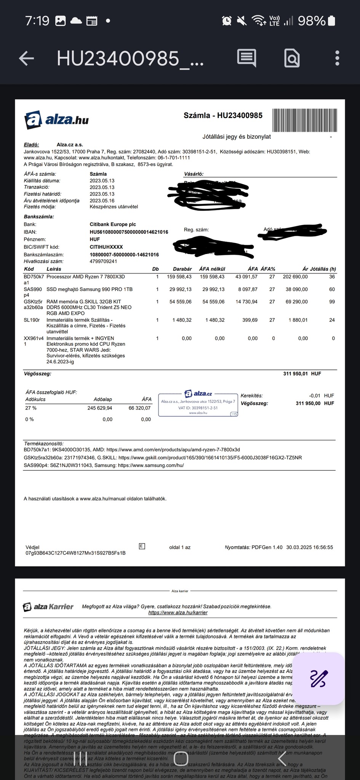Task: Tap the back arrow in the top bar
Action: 26,58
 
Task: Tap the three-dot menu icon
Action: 337,58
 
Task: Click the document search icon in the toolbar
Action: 292,58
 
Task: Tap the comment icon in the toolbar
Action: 246,58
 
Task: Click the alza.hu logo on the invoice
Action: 57,120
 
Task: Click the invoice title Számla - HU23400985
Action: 223,115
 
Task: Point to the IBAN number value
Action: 129,232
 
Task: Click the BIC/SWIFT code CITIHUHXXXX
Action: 106,247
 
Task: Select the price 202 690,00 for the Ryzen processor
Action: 295,277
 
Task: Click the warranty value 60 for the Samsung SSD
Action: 332,289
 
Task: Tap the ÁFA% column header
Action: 268,269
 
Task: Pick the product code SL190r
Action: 32,320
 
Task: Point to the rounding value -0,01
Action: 314,396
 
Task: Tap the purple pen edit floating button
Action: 319,678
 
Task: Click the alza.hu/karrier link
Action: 178,613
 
